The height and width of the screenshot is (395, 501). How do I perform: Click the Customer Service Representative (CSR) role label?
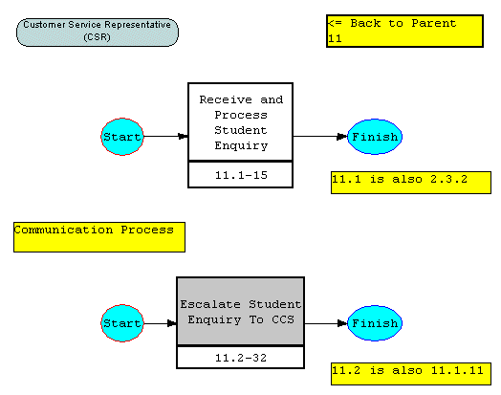pos(98,33)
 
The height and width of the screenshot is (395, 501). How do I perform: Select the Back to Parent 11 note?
pos(404,31)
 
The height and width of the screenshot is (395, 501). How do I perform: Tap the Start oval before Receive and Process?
pos(122,137)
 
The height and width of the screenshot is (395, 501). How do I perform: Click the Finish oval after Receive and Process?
pos(375,137)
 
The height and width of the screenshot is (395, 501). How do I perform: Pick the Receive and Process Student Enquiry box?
pos(241,121)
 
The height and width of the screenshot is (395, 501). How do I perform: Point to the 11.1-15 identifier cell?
pos(241,175)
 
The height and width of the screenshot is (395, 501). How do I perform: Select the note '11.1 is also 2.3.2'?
pos(411,183)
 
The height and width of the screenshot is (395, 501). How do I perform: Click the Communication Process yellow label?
pos(99,237)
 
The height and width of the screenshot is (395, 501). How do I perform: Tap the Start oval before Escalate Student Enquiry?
pos(122,323)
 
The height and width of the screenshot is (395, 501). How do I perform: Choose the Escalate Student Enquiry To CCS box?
pos(241,311)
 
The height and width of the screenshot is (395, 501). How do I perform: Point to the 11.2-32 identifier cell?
pos(241,358)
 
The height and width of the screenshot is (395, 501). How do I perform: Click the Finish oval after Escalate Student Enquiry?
pos(375,323)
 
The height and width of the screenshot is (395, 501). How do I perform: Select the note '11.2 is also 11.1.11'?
pos(411,374)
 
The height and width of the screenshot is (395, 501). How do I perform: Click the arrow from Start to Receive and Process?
pos(165,137)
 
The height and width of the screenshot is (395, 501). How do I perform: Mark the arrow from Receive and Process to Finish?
pos(320,137)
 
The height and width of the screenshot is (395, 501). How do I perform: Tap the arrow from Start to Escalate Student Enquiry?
pos(160,323)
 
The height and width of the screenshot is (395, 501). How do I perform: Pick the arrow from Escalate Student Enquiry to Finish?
pos(326,323)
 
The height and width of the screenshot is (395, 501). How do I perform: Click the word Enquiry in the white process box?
pos(241,145)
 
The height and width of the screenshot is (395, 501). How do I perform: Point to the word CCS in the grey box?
pos(283,319)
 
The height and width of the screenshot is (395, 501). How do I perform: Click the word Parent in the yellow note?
pos(434,23)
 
